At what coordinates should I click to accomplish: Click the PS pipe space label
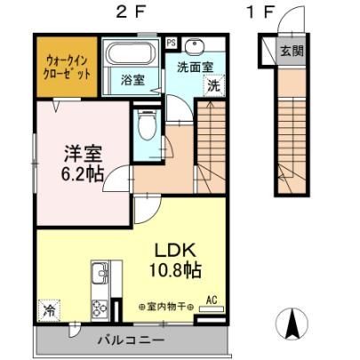(171, 43)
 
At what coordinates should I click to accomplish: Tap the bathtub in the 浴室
(131, 53)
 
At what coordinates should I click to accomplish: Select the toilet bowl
(147, 125)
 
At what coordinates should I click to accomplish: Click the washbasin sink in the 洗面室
(195, 46)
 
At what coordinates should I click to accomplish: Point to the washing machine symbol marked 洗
(213, 86)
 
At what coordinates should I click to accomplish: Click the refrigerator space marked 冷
(49, 310)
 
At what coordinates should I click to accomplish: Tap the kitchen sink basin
(99, 274)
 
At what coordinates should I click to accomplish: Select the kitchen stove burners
(100, 309)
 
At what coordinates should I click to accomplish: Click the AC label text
(212, 300)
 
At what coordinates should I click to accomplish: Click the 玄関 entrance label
(292, 51)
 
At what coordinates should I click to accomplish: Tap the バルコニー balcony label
(132, 340)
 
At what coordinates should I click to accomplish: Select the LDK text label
(175, 251)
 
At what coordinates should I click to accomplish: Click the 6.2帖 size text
(82, 173)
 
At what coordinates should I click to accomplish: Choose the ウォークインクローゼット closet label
(67, 68)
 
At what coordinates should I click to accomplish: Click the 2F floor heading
(131, 12)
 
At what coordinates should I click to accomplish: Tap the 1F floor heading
(260, 12)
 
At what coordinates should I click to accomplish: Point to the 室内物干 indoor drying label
(166, 307)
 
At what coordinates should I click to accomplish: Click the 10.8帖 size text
(175, 269)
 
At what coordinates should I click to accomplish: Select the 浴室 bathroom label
(132, 80)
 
